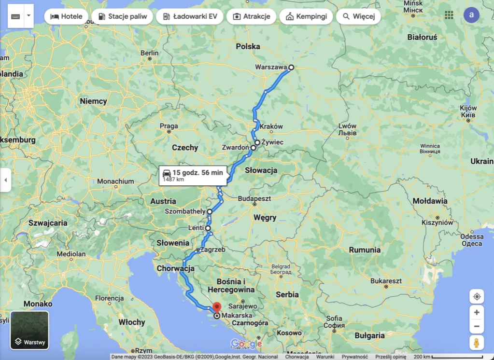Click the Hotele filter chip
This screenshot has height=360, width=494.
coord(67,16)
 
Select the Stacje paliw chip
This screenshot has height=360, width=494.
coord(122,16)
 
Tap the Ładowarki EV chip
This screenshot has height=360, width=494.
coord(190,16)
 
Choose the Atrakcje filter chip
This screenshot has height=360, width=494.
coord(251,16)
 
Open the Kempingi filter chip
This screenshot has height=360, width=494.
coord(306,16)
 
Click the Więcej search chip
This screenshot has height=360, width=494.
coord(358,16)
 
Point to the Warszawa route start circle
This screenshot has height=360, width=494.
coord(291,68)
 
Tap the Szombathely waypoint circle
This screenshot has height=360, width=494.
coord(210,211)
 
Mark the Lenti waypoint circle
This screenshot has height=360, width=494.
coord(208,228)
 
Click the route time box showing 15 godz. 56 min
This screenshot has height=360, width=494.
coord(193,175)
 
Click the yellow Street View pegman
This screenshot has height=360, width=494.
coord(476,343)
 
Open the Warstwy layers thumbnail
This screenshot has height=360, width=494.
coord(29,331)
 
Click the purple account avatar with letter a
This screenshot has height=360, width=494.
coord(471,15)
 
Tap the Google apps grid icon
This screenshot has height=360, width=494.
coord(449,15)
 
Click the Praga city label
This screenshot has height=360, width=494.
coord(169,126)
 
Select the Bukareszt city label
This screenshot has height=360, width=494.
coord(386,281)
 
